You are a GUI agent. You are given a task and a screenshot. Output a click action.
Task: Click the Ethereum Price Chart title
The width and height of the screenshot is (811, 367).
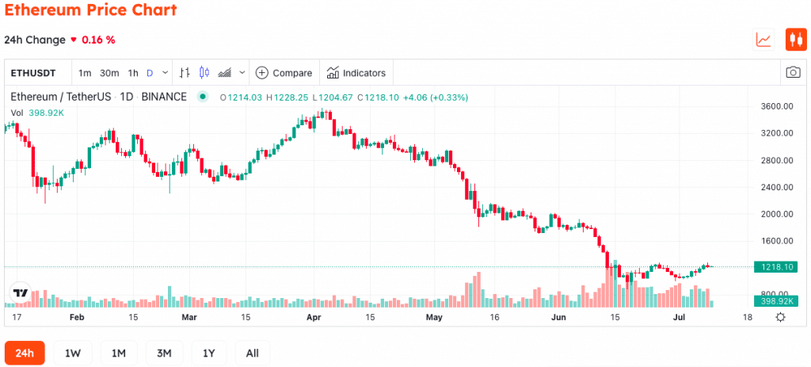[90, 10]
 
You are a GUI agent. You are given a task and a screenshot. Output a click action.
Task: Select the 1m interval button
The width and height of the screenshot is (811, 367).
[85, 73]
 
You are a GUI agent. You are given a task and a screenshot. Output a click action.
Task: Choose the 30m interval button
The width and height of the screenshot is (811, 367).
[109, 73]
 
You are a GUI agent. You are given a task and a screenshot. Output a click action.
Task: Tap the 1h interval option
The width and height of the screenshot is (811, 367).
[133, 73]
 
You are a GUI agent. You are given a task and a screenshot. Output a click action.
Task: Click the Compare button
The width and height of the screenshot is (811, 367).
[284, 73]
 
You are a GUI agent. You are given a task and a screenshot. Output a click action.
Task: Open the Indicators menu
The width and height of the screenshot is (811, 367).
[356, 73]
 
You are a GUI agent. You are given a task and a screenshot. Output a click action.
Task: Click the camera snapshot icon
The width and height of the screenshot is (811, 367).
[793, 72]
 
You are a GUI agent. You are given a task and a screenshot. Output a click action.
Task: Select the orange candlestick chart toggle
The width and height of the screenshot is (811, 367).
[796, 40]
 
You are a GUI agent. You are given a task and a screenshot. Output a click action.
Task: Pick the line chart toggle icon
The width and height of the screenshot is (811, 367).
[763, 40]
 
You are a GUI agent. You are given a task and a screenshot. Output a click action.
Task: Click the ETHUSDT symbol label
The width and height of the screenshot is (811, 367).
[33, 73]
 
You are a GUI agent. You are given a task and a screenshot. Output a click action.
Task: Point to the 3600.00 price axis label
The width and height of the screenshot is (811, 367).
[778, 106]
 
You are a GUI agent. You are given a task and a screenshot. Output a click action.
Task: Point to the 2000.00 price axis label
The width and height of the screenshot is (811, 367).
[778, 214]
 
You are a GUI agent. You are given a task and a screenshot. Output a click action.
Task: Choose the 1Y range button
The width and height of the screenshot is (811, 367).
[208, 354]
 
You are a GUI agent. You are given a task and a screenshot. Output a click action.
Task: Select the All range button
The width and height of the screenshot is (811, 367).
[253, 354]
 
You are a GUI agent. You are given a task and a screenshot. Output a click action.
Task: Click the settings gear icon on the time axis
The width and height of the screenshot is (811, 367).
[780, 317]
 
